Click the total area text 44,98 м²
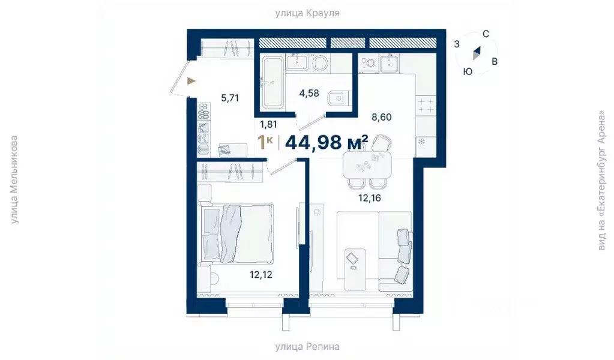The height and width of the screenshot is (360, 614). pyautogui.click(x=327, y=142)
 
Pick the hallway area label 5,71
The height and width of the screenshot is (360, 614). pyautogui.click(x=230, y=98)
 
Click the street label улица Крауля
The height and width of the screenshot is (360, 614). pyautogui.click(x=307, y=12)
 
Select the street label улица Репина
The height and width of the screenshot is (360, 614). pyautogui.click(x=307, y=346)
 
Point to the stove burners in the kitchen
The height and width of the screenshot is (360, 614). pyautogui.click(x=426, y=106)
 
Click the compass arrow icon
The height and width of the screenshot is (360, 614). pyautogui.click(x=477, y=53)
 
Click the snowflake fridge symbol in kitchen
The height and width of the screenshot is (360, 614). pyautogui.click(x=421, y=142)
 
